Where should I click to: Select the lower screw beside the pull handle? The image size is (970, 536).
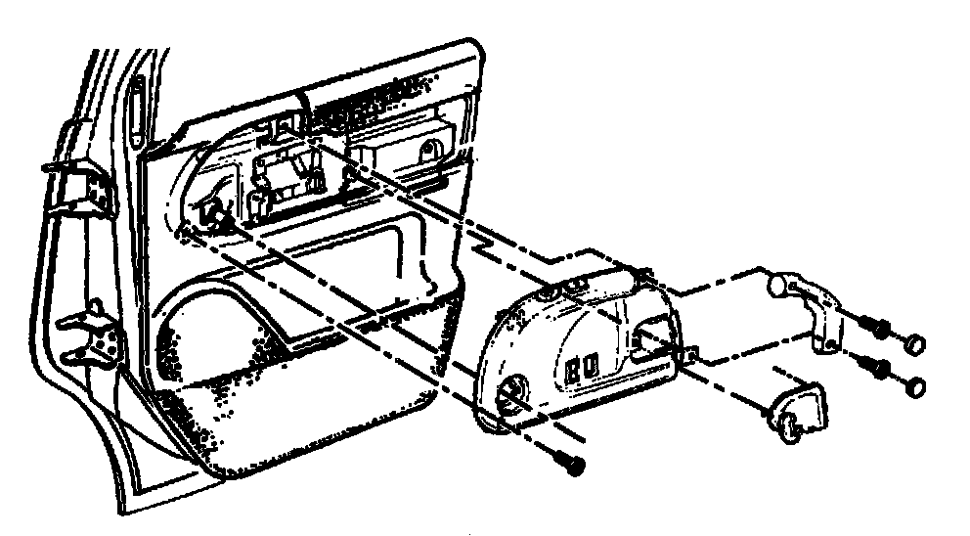coord(873,370)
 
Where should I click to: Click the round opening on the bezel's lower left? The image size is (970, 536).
coord(510,396)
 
